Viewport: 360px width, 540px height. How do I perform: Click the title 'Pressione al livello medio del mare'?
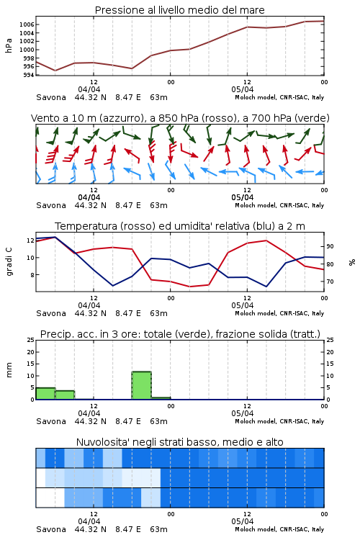click(179, 10)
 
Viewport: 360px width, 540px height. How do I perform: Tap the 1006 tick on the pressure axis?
click(27, 24)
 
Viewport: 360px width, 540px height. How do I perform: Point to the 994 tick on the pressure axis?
click(29, 75)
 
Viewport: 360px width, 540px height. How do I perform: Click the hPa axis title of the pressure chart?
click(9, 45)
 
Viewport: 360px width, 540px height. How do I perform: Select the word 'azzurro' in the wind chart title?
click(120, 118)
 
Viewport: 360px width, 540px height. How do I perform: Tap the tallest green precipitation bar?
click(142, 385)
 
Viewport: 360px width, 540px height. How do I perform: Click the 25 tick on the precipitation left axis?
click(31, 340)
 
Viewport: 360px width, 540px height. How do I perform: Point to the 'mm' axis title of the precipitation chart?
click(9, 370)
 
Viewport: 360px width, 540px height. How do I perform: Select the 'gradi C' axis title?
click(9, 262)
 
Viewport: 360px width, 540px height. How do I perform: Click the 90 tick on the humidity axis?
click(330, 246)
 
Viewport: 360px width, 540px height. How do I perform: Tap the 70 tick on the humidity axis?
click(330, 282)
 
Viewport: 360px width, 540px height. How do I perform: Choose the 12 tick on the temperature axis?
click(31, 240)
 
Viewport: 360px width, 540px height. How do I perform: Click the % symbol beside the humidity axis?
click(352, 262)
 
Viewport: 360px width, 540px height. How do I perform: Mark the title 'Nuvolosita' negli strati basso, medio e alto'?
click(179, 442)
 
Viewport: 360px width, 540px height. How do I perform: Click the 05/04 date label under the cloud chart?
click(243, 521)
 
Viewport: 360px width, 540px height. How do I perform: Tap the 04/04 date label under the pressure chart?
click(89, 89)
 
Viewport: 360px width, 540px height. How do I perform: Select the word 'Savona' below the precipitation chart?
click(51, 421)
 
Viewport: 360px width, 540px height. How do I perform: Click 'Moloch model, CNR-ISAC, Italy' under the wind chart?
click(279, 205)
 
